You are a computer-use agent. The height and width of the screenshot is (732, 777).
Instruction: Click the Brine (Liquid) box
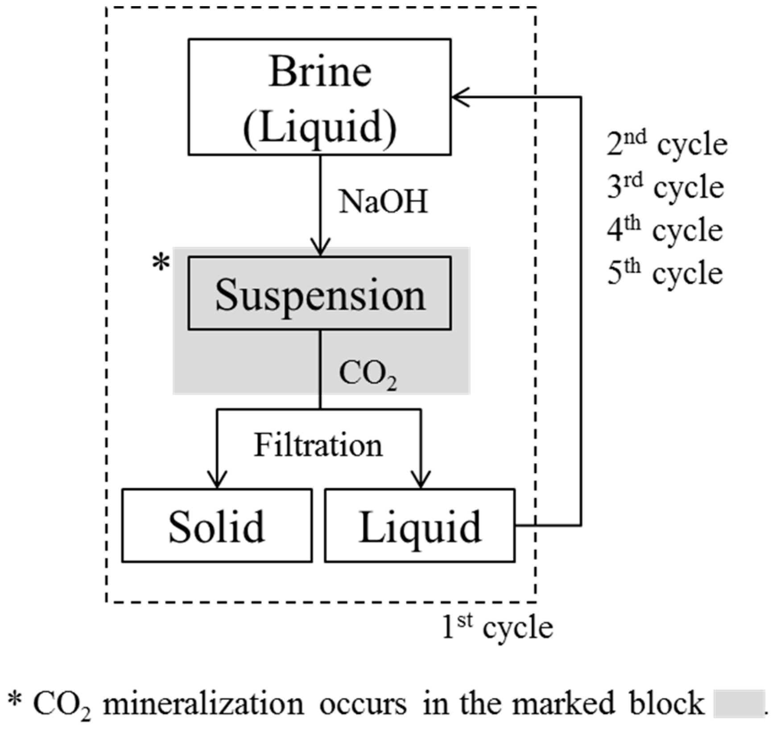coord(319,97)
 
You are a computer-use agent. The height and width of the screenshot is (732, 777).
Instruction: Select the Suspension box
coord(319,293)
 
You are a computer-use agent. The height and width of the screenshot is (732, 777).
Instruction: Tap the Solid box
coord(217,525)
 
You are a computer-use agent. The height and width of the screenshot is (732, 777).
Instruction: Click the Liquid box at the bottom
coord(419,525)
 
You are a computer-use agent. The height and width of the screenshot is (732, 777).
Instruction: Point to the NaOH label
coord(383,202)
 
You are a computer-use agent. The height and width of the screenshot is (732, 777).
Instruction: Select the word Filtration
coord(318,445)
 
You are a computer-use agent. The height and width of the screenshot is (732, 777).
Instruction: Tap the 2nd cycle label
coord(666,144)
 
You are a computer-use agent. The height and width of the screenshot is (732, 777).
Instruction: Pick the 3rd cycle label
coord(665,187)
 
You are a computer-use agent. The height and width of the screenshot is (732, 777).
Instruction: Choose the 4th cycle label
coord(665,229)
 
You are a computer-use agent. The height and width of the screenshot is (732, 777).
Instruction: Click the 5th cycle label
coord(665,272)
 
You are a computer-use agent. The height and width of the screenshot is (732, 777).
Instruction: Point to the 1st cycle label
coord(497,627)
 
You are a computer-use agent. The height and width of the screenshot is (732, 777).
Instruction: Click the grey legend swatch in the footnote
coord(739,704)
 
